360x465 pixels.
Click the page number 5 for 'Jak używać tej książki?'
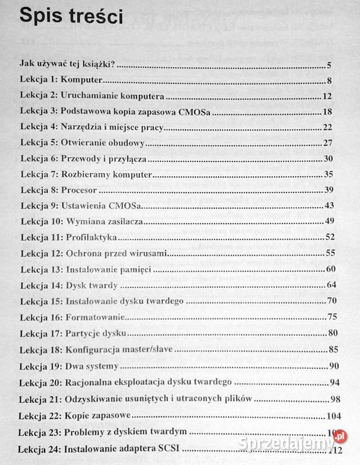[x=330, y=66]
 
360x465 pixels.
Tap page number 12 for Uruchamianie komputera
[x=327, y=97]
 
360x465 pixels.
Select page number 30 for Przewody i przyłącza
[x=327, y=159]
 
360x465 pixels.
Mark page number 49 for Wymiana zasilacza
[x=328, y=222]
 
